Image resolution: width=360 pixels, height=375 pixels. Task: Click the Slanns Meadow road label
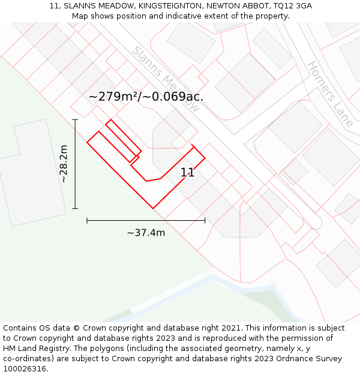(165, 79)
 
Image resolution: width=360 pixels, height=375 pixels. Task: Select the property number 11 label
(187, 173)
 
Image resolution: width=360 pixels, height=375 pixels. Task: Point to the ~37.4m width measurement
(146, 233)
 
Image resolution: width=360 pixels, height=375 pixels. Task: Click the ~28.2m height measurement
(64, 164)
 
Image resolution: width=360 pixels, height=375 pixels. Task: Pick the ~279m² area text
(114, 97)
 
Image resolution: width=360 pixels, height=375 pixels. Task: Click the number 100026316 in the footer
(24, 369)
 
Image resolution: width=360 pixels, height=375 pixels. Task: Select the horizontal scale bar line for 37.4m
(146, 221)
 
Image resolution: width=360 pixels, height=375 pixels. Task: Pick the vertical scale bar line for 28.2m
(75, 164)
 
